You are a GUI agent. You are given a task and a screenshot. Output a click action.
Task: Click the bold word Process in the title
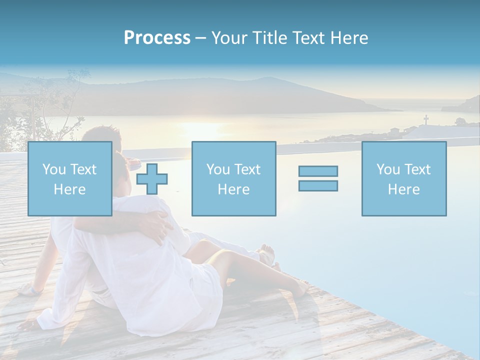click(157, 38)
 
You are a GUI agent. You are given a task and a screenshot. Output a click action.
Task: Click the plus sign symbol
click(152, 178)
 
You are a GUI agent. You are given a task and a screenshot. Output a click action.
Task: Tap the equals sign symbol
click(318, 178)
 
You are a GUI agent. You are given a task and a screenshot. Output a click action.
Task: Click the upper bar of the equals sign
click(318, 171)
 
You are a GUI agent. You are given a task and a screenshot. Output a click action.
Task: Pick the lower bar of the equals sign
click(318, 186)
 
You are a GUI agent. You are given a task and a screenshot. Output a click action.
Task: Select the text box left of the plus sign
click(69, 178)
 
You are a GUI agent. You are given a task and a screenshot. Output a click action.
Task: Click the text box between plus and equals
click(233, 178)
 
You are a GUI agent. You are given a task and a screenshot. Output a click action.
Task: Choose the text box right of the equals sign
click(403, 178)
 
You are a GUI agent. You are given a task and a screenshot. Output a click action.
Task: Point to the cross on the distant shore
click(426, 119)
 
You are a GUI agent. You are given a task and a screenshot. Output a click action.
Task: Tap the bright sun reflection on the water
click(200, 130)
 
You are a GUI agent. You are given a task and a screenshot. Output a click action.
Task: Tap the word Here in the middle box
click(233, 189)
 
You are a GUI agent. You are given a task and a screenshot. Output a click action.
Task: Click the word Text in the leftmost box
click(83, 169)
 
